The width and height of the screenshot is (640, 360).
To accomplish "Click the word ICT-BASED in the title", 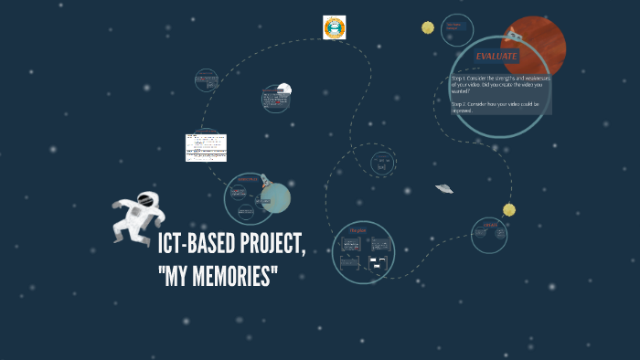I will click(x=194, y=245).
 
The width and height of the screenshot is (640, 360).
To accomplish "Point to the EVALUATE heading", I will click(x=496, y=57).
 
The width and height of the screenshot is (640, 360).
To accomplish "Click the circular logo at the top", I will click(x=335, y=27).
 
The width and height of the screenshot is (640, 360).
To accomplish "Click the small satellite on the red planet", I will click(x=514, y=37).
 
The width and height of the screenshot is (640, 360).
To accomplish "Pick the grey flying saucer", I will click(x=444, y=188).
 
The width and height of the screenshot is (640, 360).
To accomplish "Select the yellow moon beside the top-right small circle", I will click(x=427, y=27).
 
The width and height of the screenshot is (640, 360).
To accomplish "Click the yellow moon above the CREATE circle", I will click(x=509, y=209).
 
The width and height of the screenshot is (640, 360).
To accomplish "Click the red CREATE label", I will click(x=489, y=225).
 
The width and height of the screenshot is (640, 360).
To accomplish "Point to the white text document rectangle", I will click(x=206, y=147).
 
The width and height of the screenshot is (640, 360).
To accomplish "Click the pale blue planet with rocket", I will click(x=275, y=196).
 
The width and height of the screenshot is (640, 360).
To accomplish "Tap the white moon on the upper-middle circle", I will click(x=284, y=89).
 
